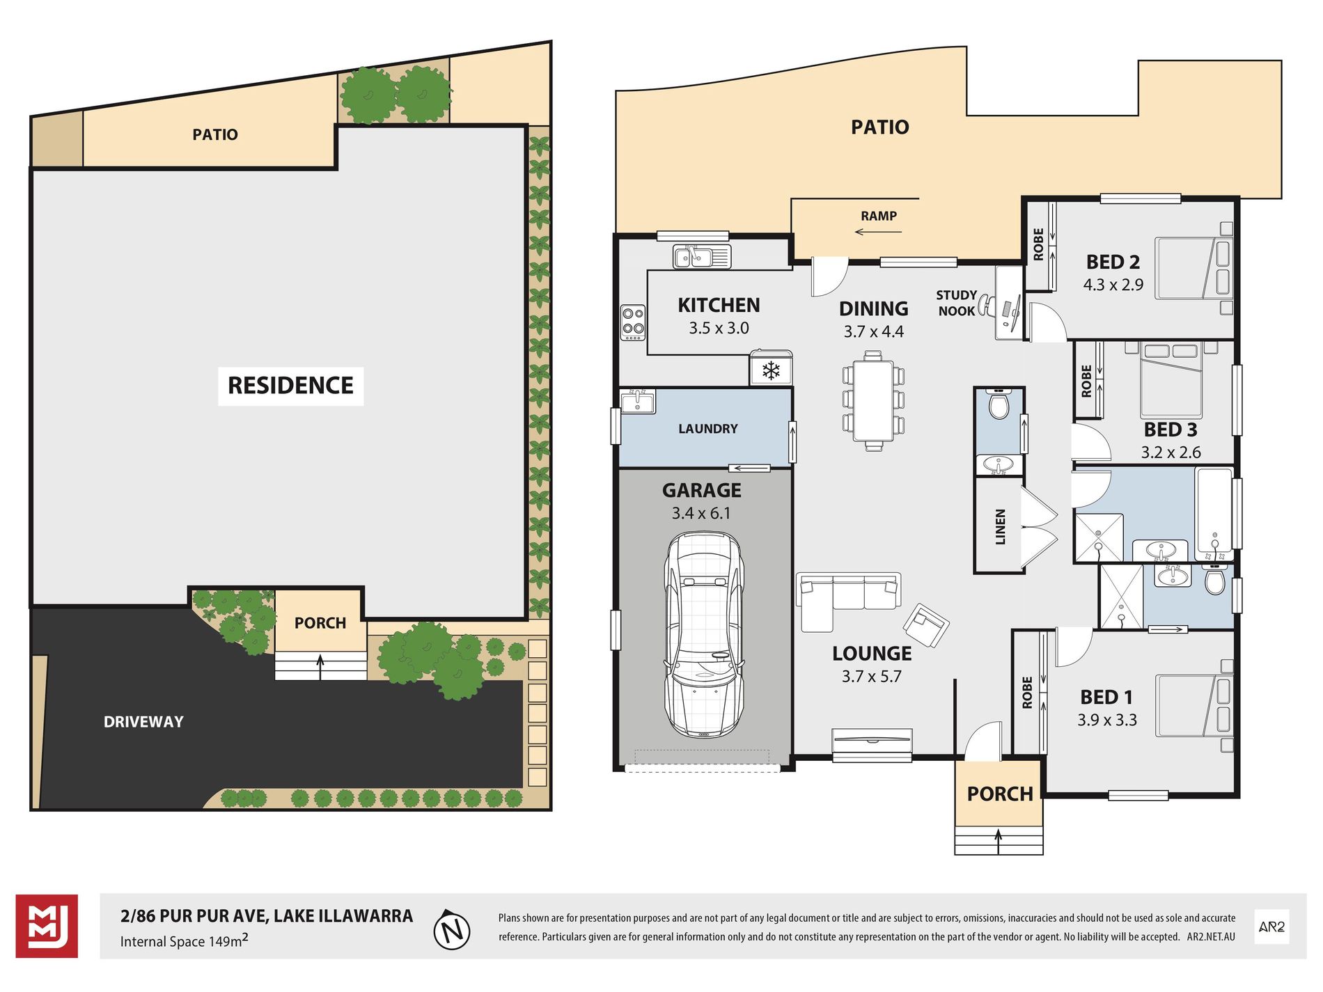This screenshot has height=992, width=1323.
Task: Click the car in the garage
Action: click(704, 635)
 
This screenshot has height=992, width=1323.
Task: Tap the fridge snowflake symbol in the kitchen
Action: click(771, 370)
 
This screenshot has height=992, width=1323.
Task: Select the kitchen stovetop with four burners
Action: click(633, 323)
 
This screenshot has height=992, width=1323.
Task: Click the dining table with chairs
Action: click(873, 401)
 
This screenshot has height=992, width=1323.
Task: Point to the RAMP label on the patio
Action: click(879, 216)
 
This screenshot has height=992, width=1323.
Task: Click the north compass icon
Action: click(452, 929)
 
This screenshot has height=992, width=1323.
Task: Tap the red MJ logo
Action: click(47, 927)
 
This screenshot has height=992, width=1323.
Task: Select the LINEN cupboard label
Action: click(1001, 526)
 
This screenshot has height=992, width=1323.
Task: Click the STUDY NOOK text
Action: click(957, 303)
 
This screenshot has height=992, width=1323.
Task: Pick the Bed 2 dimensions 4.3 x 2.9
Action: click(1113, 285)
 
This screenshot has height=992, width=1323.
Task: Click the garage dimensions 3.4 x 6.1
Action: click(701, 514)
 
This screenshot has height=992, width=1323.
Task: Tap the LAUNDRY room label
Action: click(707, 429)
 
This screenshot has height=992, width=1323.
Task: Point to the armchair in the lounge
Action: click(925, 624)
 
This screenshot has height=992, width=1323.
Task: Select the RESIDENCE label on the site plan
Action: click(290, 386)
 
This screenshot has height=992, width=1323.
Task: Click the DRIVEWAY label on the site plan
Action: click(143, 722)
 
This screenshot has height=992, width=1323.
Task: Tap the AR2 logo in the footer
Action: click(1271, 927)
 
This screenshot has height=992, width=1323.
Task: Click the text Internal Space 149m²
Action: click(184, 941)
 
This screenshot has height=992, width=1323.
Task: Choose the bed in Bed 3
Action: click(1171, 379)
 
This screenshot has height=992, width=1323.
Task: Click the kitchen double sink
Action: click(701, 257)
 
